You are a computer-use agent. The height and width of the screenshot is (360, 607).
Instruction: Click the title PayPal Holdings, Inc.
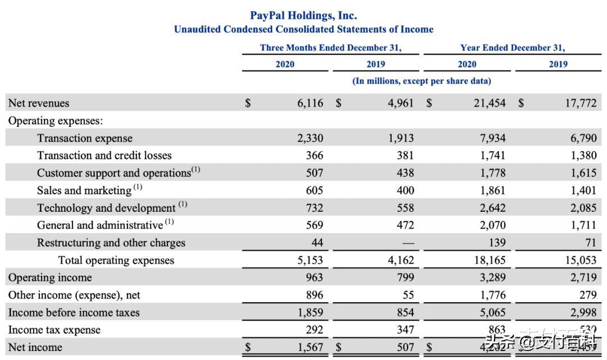point(303,16)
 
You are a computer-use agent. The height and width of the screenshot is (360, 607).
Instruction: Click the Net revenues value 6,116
point(310,103)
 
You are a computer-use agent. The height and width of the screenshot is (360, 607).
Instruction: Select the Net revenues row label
point(39,103)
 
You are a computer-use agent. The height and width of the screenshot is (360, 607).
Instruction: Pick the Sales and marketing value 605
point(314,190)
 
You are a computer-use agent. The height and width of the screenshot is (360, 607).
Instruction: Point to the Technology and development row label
point(106,208)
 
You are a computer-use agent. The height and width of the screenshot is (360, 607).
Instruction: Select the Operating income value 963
point(314,277)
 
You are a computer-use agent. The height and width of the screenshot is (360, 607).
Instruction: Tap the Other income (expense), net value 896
point(314,295)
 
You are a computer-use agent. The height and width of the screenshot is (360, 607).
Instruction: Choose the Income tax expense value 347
point(405,330)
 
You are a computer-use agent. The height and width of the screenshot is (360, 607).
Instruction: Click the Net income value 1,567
point(310,347)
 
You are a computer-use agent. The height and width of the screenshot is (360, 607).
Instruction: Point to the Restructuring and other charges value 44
point(317,243)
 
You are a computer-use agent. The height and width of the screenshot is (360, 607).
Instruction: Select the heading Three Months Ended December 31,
point(330,48)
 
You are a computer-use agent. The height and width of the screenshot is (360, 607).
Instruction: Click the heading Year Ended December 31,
point(513,48)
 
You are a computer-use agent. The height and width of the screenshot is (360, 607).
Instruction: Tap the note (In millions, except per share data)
point(422,81)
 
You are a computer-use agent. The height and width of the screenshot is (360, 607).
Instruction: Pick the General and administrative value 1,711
point(583,225)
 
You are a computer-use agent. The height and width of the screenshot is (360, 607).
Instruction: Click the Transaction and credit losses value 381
point(405,156)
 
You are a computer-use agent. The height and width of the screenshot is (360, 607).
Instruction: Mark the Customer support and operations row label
point(114,173)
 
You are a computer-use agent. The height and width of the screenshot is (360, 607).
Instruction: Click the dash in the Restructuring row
point(408,243)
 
